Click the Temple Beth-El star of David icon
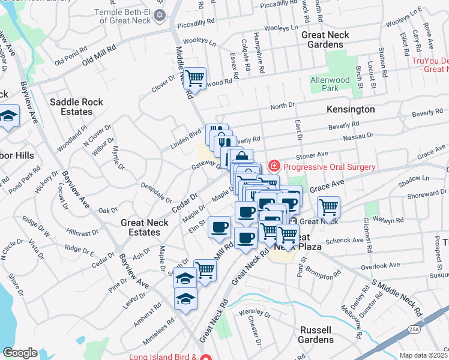click(159, 14)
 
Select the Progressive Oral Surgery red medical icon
click(274, 165)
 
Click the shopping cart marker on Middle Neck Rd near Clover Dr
click(194, 78)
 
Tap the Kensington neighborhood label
click(351, 109)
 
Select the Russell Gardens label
click(316, 335)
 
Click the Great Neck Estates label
click(140, 227)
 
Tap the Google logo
click(20, 353)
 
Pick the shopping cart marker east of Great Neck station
click(328, 207)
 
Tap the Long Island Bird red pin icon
click(206, 358)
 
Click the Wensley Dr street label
click(255, 313)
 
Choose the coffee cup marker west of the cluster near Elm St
click(220, 227)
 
